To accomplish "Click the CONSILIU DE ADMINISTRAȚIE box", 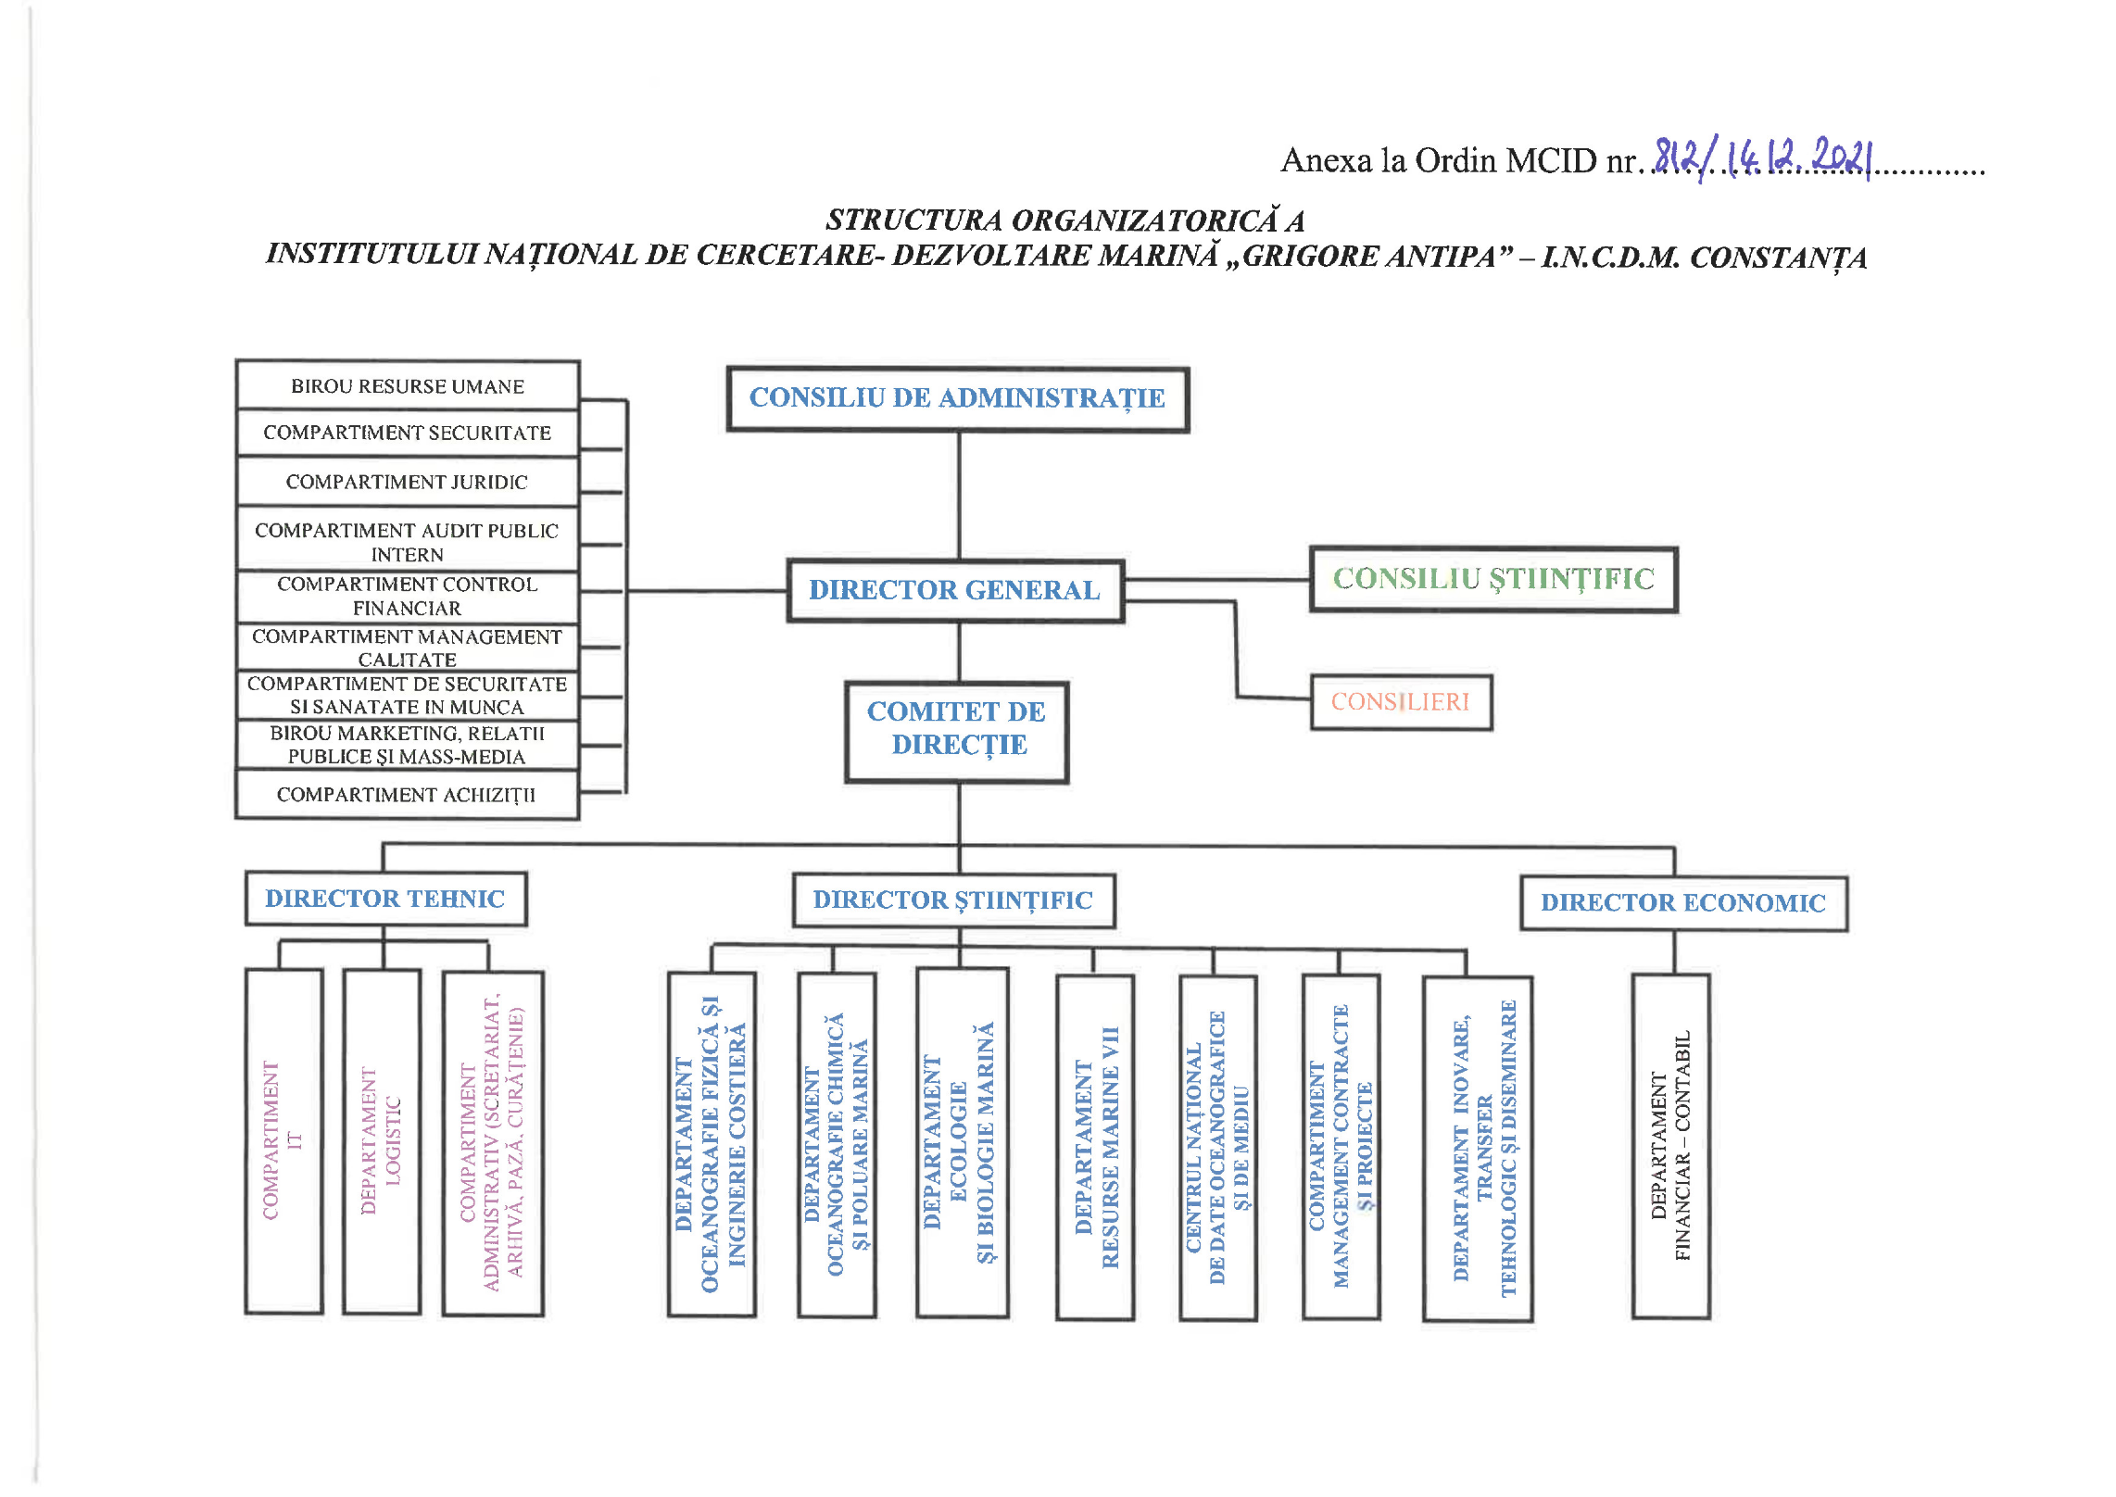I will pos(957,399).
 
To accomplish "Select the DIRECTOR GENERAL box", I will pos(955,590).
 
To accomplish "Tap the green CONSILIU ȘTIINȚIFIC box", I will pos(1493,579).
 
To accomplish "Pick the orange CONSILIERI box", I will pos(1400,702).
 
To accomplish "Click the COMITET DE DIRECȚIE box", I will pos(957,730).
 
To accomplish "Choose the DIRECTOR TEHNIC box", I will pos(385,899).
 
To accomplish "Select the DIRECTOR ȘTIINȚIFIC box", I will pos(953,900).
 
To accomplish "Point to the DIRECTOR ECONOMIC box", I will pos(1682,903).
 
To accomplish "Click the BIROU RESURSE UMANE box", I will pos(408,386).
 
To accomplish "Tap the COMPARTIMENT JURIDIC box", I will pos(408,482).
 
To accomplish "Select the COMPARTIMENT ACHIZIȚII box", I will pos(408,795).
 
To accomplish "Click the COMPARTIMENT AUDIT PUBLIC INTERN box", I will pos(408,542).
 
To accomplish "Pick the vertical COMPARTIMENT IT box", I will pos(283,1141).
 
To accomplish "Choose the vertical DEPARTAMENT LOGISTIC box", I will pos(382,1141).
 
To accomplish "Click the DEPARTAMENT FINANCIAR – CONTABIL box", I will pos(1670,1146).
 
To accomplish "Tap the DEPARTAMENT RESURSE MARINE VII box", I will pos(1095,1147).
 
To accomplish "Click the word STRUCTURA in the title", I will pos(913,220).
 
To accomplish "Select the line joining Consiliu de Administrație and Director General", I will pos(959,496).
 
